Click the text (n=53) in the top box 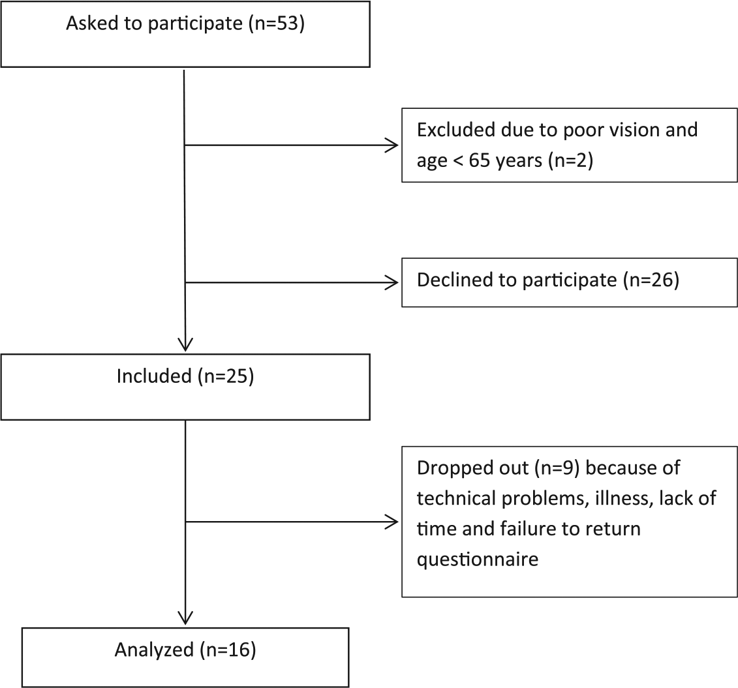coord(277,23)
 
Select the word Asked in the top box coord(91,23)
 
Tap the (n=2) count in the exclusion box coord(570,160)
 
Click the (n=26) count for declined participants coord(651,280)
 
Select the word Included coord(155,376)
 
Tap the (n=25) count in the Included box coord(226,376)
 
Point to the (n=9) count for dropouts coord(557,468)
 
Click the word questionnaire coord(478,560)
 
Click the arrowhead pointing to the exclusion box coord(392,145)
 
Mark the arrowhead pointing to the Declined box coord(392,282)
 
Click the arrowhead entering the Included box coord(186,345)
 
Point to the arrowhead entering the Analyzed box coord(186,618)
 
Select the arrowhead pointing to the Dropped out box coord(392,522)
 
